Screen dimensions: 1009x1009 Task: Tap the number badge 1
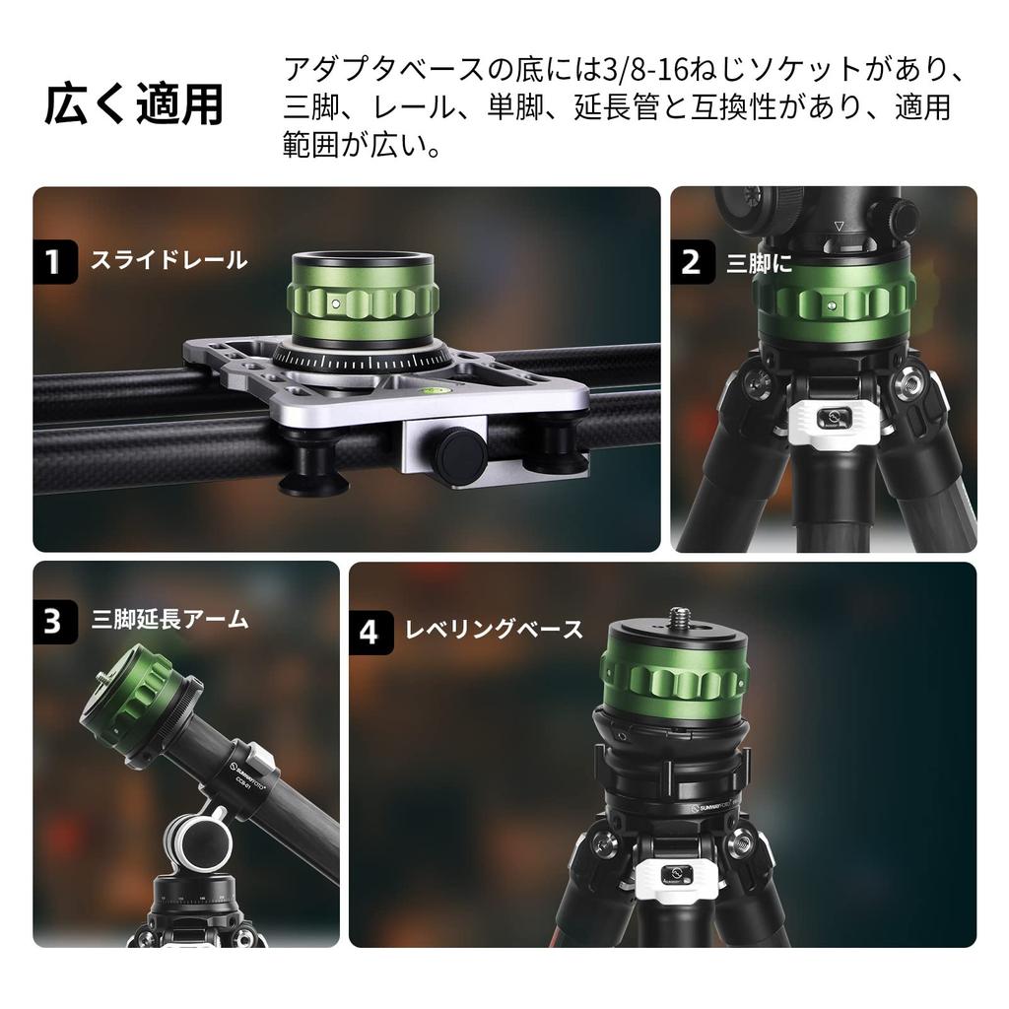54,261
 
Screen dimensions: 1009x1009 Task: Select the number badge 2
692,261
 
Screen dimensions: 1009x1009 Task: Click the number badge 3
54,621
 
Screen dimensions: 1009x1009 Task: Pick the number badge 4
369,630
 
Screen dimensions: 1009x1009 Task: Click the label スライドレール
168,261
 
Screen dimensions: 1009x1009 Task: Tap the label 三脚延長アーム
169,620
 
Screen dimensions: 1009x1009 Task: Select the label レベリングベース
495,630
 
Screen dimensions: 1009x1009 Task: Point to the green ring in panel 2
833,302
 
